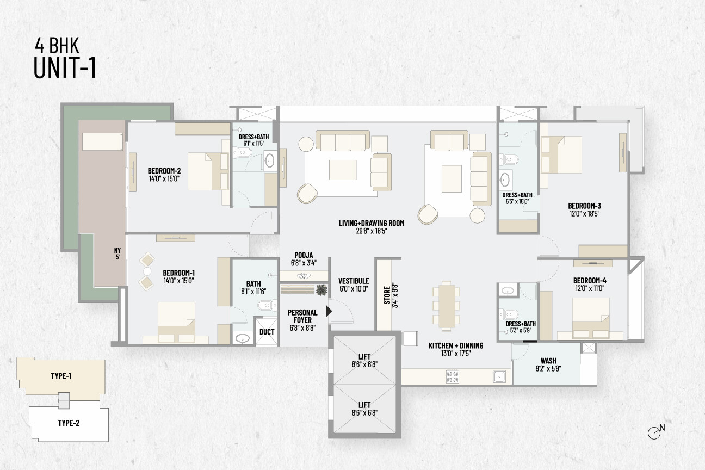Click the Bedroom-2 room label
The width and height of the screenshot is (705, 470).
(164, 171)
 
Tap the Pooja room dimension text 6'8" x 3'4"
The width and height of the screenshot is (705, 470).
(304, 263)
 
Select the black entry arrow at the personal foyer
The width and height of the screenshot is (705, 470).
(329, 311)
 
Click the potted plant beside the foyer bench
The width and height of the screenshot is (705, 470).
(321, 290)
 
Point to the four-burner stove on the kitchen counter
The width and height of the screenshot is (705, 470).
(452, 377)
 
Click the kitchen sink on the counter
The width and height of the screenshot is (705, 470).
(499, 377)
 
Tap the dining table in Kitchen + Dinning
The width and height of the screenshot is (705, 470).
(446, 306)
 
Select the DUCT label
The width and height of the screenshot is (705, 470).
(267, 332)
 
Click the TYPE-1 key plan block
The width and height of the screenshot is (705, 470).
(61, 376)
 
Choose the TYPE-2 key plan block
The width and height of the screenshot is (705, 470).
(69, 423)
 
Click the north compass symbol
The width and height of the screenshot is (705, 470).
(655, 432)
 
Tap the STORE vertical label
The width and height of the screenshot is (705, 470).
(387, 295)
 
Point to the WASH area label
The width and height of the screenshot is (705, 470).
(548, 361)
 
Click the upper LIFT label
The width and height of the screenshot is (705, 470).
(364, 357)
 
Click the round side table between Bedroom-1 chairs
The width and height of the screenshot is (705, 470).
(147, 271)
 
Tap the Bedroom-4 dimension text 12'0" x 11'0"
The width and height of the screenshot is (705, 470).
(589, 288)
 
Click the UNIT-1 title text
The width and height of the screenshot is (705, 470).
(65, 68)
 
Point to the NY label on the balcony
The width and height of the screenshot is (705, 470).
(117, 251)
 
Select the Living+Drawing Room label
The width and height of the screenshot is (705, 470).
(372, 223)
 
